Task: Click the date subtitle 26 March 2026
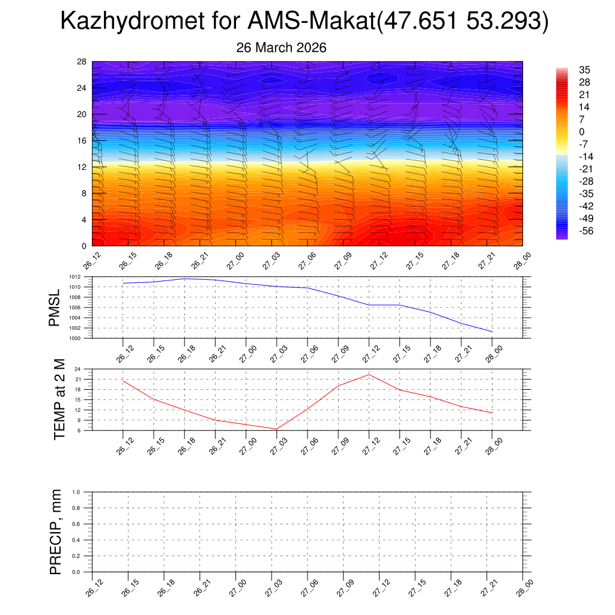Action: point(281,48)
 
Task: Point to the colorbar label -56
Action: point(584,231)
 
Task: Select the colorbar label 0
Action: point(581,132)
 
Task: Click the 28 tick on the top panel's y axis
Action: point(82,62)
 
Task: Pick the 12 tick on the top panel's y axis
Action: point(82,167)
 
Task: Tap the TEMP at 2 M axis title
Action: point(59,399)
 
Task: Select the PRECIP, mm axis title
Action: point(56,532)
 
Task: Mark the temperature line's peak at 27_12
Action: point(369,375)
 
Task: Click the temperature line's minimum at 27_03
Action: point(276,429)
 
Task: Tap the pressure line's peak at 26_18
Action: point(184,279)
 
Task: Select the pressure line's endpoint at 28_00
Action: point(492,332)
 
